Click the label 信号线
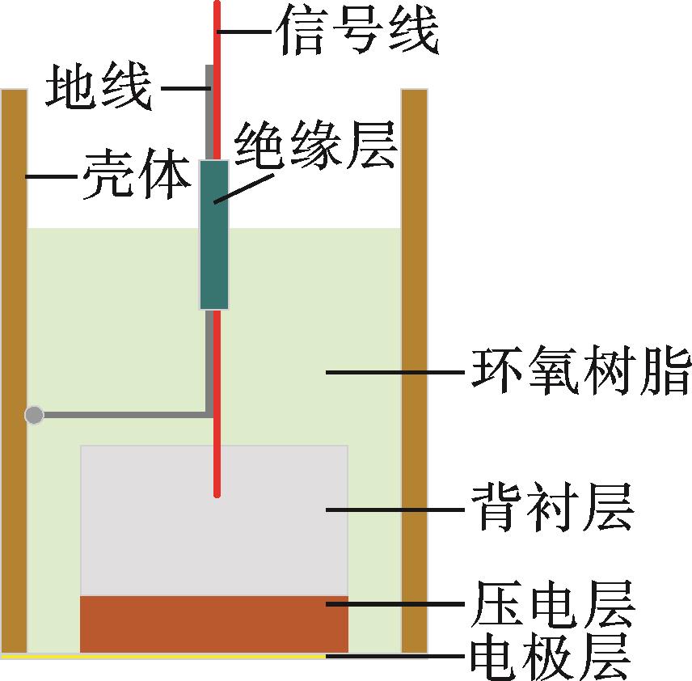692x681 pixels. click(x=357, y=32)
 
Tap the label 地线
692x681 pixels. click(x=99, y=87)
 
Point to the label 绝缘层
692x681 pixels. click(x=315, y=146)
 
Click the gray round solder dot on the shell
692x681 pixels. click(x=34, y=416)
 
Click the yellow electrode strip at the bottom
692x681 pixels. click(x=162, y=656)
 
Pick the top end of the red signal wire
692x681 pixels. click(x=217, y=4)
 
